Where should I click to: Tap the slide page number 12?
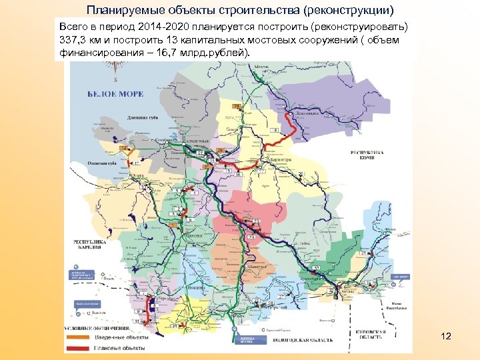coord(446,337)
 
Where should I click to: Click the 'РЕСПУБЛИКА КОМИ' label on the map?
coord(368,154)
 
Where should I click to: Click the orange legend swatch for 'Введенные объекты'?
coord(77,337)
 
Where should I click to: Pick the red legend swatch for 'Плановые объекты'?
coord(77,347)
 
